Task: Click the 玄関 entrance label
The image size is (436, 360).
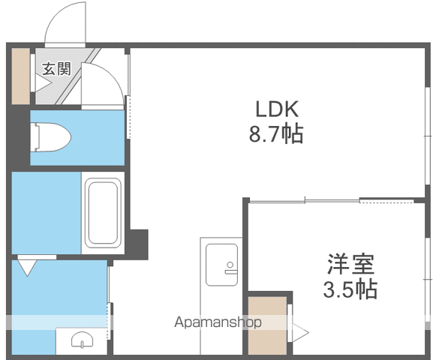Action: click(57, 69)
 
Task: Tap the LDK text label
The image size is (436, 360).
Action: click(277, 109)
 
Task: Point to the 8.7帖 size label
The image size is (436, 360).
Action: click(276, 134)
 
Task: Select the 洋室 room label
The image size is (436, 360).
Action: click(350, 263)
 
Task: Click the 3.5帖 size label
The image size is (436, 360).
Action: click(350, 289)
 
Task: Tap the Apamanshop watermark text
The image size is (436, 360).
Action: click(218, 322)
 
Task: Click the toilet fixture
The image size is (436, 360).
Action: click(51, 137)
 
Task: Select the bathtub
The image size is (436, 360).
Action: click(103, 213)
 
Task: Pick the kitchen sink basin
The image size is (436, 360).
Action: click(221, 265)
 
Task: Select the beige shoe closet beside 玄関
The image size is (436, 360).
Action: click(20, 76)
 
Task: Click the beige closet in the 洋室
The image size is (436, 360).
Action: click(267, 325)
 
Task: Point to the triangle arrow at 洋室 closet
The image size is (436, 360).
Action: click(301, 332)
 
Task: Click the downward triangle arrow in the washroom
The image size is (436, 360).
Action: click(27, 268)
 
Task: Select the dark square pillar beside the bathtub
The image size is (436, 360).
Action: click(139, 244)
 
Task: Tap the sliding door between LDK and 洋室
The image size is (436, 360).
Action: click(332, 201)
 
